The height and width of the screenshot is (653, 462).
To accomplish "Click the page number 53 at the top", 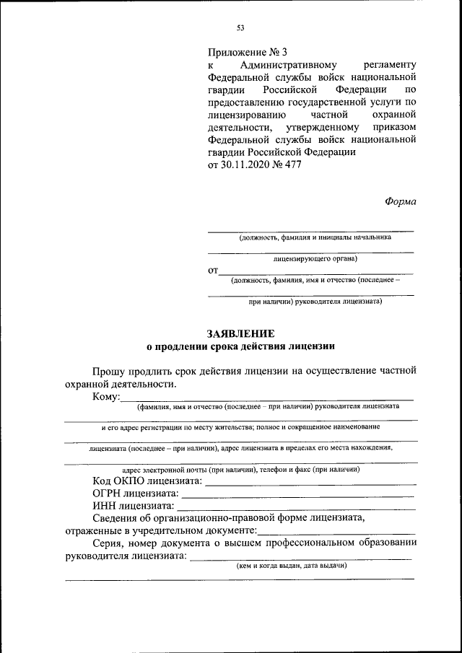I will [240, 28].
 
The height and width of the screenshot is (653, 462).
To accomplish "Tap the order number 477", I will [292, 164].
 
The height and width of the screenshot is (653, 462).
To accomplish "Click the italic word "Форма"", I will [400, 201].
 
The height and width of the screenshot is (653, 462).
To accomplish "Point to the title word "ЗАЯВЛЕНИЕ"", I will [240, 333].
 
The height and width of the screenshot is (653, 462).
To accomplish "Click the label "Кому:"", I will [105, 398].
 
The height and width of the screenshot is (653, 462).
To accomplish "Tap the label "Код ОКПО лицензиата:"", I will [148, 481].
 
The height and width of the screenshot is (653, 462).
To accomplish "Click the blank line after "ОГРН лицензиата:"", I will [297, 496].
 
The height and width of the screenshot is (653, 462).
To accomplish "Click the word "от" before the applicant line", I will [213, 271].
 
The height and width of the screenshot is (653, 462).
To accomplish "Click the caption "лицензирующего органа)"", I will [311, 258].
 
